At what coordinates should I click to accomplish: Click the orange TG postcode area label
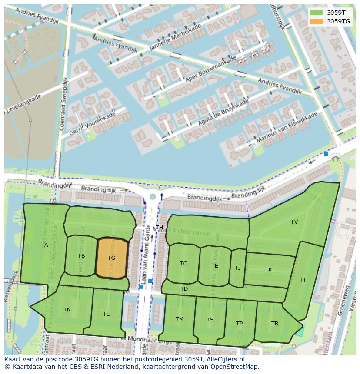coord(112,258)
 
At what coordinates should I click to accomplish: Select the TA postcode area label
coord(44,245)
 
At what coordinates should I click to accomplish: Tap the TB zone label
coord(81,256)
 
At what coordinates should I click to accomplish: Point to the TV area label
coord(294,222)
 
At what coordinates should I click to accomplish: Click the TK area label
coord(269,270)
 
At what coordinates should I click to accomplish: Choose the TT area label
coord(303,280)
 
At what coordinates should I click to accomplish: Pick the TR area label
coord(275,324)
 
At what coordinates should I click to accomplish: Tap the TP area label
coord(239,324)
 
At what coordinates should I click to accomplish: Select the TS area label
coord(210,320)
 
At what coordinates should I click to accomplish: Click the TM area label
coord(180,319)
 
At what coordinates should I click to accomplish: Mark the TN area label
coord(67,310)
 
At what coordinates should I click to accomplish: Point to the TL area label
coord(106,314)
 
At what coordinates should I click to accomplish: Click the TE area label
coord(215,266)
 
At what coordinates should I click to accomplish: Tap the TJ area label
coord(237,268)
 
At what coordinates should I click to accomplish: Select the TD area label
coord(184,289)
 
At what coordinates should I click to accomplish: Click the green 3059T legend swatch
coord(317,12)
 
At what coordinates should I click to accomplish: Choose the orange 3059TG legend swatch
coord(317,21)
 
